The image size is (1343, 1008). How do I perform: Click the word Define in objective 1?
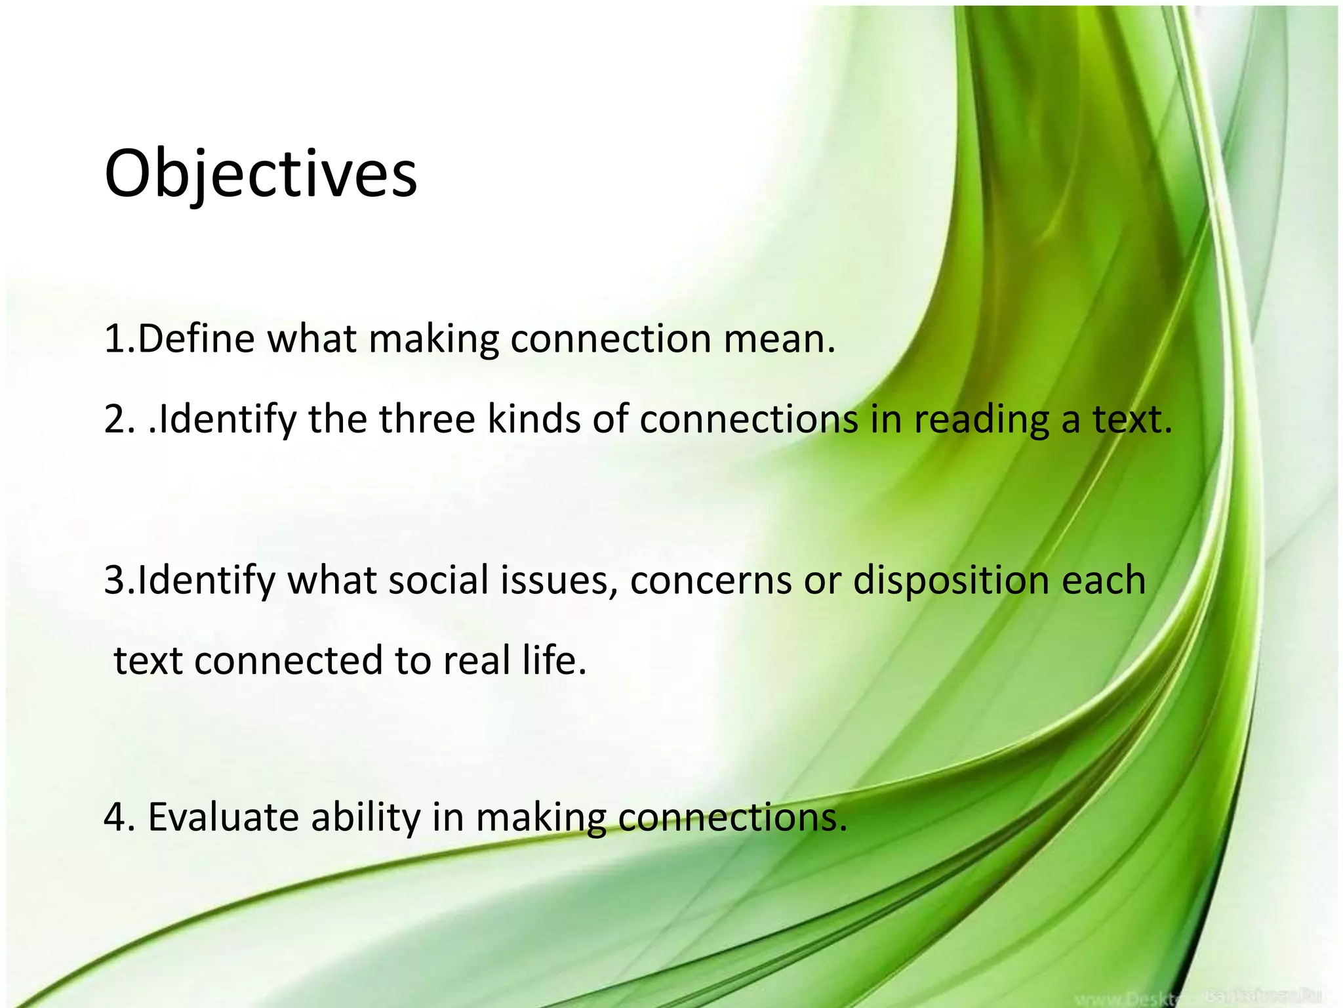click(195, 340)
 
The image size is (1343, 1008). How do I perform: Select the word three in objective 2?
click(426, 419)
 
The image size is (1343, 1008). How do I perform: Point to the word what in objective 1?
click(311, 340)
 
